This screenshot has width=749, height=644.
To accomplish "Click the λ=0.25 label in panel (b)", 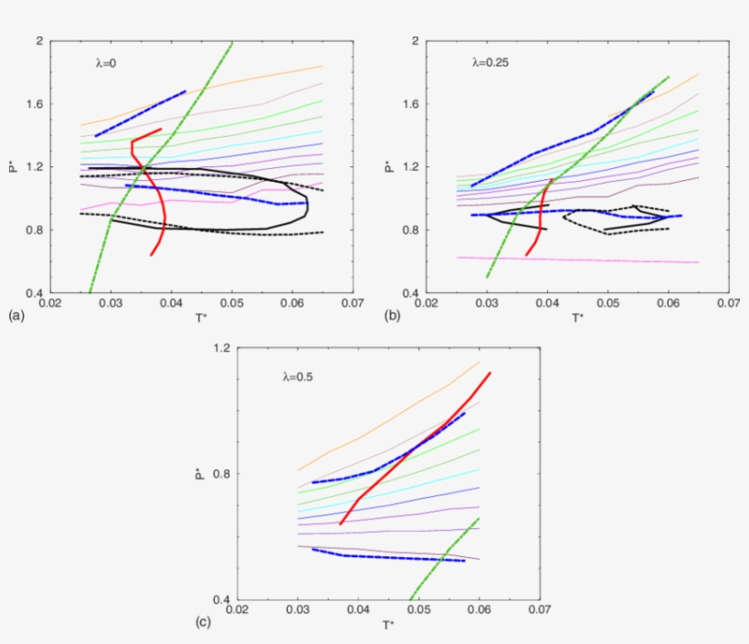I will pyautogui.click(x=490, y=64).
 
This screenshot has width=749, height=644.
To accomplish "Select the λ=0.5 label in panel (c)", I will pyautogui.click(x=299, y=375).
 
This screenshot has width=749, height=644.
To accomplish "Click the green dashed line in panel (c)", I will pyautogui.click(x=448, y=556).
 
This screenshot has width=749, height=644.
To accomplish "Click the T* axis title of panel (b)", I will pyautogui.click(x=577, y=318).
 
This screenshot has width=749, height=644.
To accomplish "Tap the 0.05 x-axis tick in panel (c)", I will pyautogui.click(x=418, y=608).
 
